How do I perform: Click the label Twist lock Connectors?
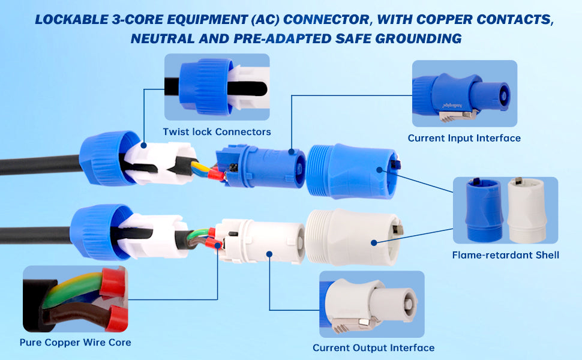217,131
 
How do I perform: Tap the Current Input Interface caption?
464,138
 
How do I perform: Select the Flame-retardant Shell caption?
505,255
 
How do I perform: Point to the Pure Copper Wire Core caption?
75,343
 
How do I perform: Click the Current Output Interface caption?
373,348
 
